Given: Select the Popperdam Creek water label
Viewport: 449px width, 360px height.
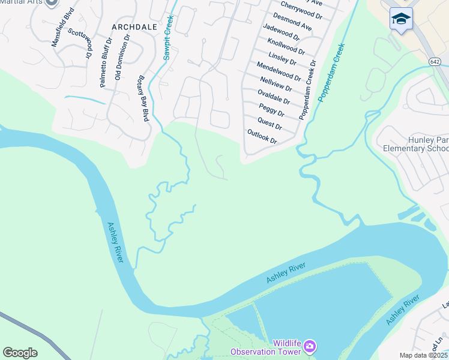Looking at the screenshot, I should click(332, 73).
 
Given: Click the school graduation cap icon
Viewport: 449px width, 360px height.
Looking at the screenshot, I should click(400, 19).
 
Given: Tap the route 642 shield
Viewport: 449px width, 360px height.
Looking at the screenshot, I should click(436, 62).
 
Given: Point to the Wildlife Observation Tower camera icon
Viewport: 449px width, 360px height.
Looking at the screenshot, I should click(310, 346).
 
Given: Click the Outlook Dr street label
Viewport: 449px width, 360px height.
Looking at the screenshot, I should click(262, 136).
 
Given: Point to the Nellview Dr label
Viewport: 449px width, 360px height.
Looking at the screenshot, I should click(276, 83).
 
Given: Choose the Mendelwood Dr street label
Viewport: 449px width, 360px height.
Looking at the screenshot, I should click(279, 71).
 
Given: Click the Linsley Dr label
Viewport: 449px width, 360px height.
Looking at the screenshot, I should click(283, 58).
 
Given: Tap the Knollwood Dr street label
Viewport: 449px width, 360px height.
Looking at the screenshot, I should click(285, 44).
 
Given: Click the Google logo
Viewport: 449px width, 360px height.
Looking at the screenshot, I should click(20, 352).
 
